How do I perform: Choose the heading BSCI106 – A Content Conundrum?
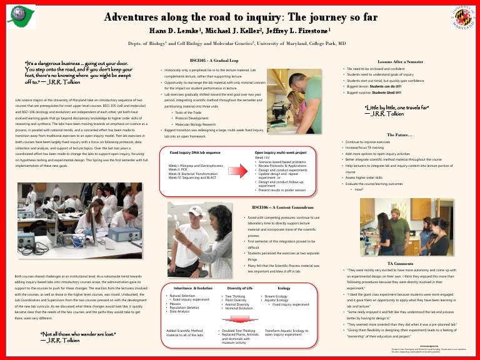(x=279, y=206)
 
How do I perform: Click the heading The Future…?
(x=399, y=134)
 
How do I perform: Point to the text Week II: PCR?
(x=178, y=169)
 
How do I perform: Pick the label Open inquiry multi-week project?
(x=281, y=152)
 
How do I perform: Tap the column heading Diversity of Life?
(x=239, y=288)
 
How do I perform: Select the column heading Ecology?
(x=284, y=288)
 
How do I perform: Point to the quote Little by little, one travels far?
(x=396, y=107)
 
